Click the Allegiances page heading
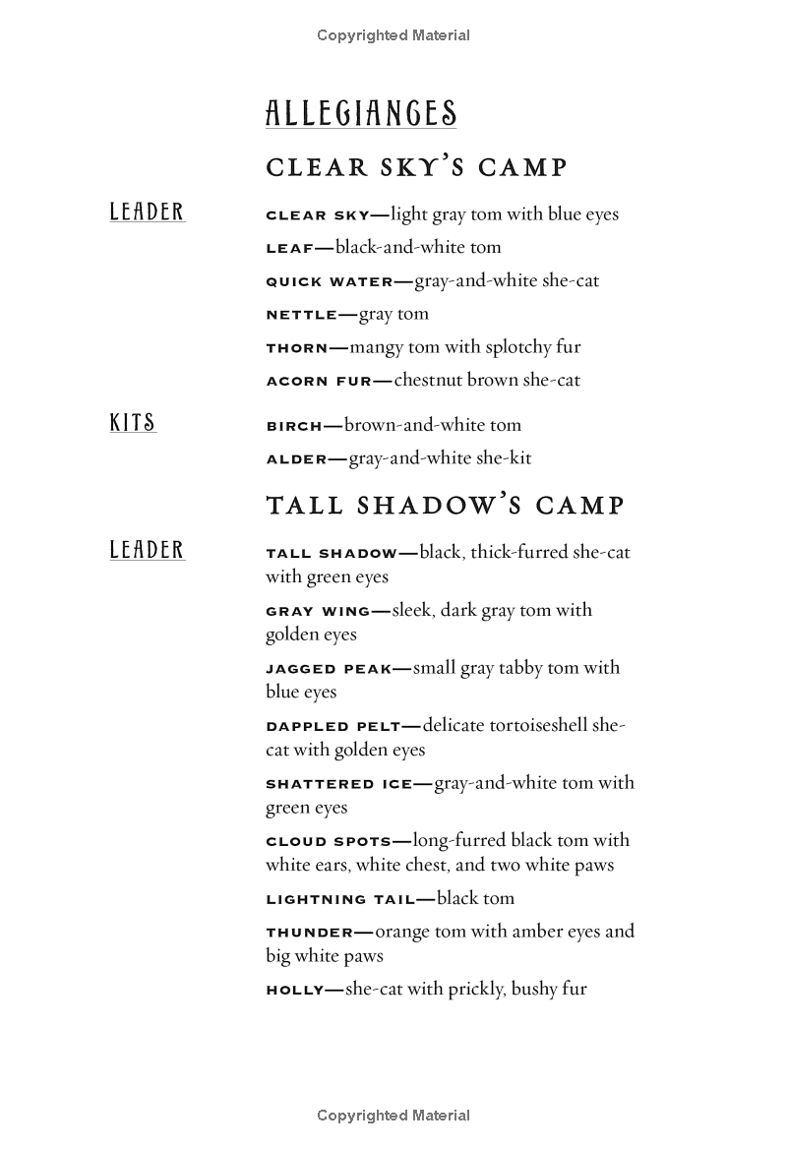coord(361,114)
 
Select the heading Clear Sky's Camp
coord(416,168)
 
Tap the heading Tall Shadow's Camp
coord(445,506)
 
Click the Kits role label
coord(133,423)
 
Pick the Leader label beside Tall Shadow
coord(147,550)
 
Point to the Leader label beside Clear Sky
coord(147,212)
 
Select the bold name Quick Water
coord(330,282)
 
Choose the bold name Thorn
coord(296,349)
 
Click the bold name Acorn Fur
coord(319,383)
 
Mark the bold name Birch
coord(294,427)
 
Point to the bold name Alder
coord(295,459)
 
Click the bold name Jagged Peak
coord(329,670)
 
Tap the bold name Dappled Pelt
coord(333,727)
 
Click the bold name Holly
coord(295,991)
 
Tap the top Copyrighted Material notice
coord(393,35)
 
